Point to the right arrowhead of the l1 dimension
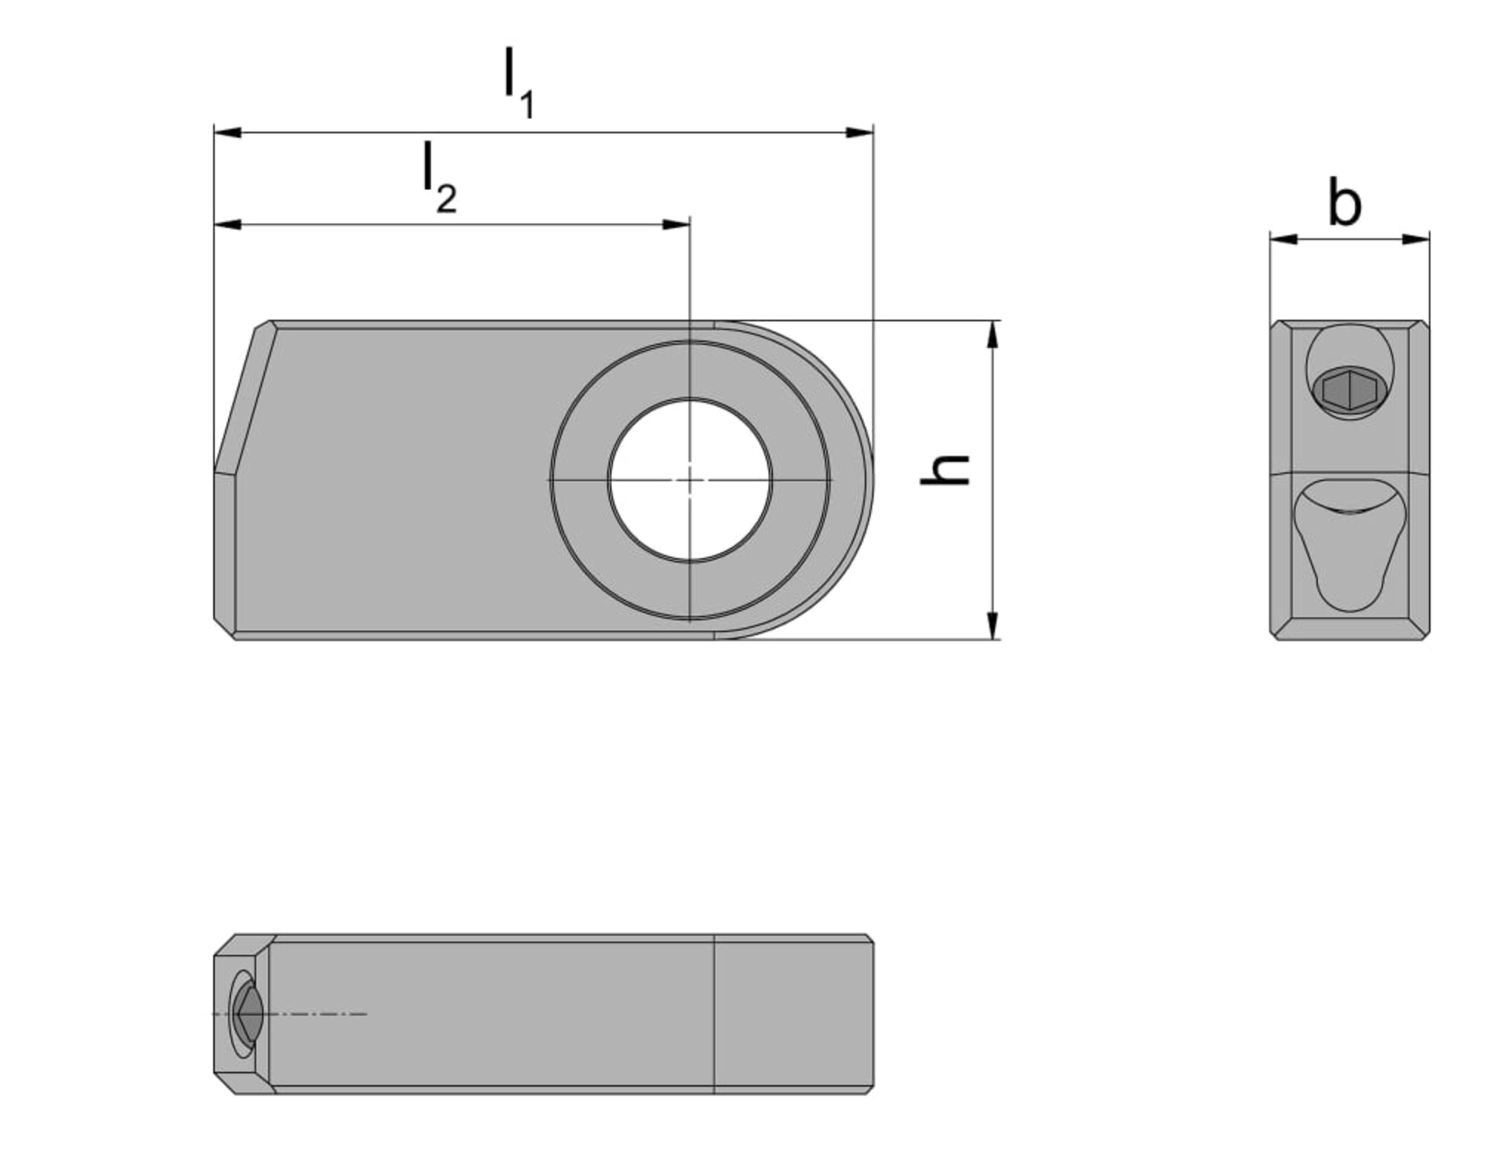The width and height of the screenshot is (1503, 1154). pos(860,132)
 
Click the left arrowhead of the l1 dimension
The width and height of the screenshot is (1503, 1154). pos(227,132)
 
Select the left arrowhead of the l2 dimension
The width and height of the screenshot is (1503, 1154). pos(227,224)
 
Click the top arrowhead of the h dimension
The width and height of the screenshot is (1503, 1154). pos(993,335)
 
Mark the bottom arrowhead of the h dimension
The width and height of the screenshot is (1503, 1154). pos(993,626)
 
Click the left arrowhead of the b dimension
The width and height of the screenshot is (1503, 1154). pos(1284,239)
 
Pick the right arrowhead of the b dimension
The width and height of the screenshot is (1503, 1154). pos(1416,239)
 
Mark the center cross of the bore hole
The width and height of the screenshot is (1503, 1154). pos(689,480)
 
